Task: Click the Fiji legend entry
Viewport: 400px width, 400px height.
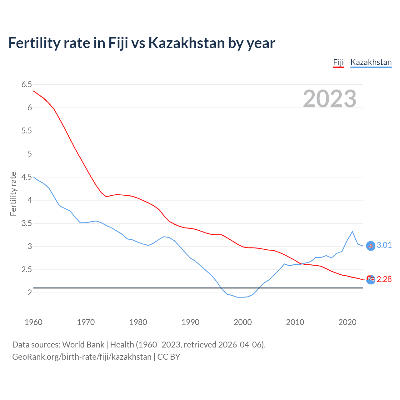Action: tap(338, 62)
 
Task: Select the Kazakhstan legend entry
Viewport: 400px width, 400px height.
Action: tap(371, 62)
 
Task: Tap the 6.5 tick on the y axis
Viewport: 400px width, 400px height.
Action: tap(27, 84)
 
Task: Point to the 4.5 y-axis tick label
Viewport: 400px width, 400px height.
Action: tap(27, 177)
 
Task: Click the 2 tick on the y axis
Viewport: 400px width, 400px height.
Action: tap(30, 292)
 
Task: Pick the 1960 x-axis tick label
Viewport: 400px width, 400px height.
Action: tap(33, 322)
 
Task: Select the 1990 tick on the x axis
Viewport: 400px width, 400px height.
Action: tap(190, 322)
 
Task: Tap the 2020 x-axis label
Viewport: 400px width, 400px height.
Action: tap(347, 322)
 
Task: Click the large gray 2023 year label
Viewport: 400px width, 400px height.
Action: tap(329, 99)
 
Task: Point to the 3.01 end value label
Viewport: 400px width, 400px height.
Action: tap(384, 245)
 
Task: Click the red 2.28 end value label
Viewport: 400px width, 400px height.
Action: tap(384, 279)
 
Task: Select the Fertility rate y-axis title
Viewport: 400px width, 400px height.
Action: tap(13, 194)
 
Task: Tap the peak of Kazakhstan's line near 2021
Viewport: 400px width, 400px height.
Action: tap(352, 232)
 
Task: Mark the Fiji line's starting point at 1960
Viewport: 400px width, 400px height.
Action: tap(33, 91)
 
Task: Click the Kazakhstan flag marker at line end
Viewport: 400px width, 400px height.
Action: tap(371, 246)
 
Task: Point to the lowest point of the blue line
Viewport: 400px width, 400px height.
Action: tap(240, 297)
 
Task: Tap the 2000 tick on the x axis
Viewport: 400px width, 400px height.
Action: tap(242, 322)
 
